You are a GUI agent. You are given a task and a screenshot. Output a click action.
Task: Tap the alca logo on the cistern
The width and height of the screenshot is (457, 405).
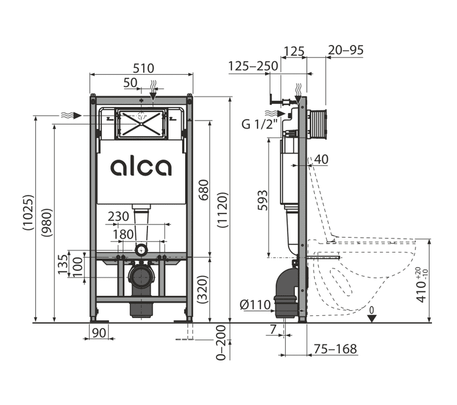click(141, 167)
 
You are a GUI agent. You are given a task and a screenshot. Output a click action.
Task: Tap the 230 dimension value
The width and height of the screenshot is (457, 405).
click(118, 217)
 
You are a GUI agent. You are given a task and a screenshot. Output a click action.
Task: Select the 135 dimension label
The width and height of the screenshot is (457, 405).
click(62, 264)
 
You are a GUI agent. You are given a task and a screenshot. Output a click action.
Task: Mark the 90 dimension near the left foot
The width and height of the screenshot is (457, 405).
click(99, 333)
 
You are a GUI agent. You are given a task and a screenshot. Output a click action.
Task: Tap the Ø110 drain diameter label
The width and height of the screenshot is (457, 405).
click(255, 305)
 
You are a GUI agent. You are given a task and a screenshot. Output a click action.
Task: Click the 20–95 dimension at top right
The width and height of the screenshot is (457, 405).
click(346, 51)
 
